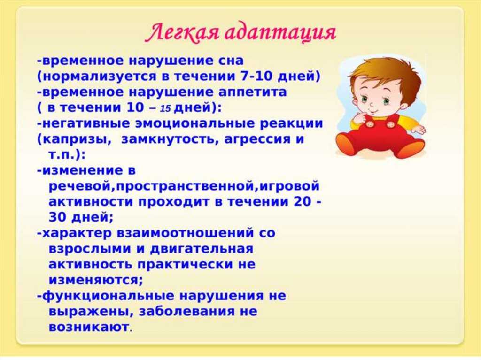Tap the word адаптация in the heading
282,33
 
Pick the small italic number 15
165,108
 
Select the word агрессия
258,139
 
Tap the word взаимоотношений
186,233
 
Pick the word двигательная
202,249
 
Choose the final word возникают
89,327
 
